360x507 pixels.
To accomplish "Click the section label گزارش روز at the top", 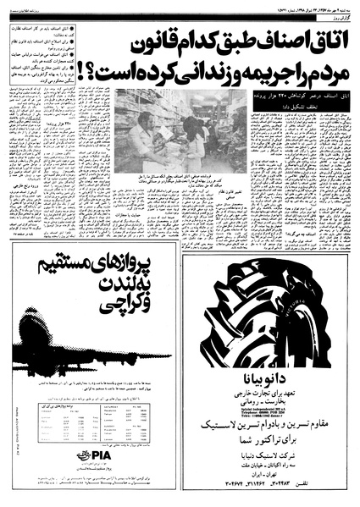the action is (335, 18).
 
